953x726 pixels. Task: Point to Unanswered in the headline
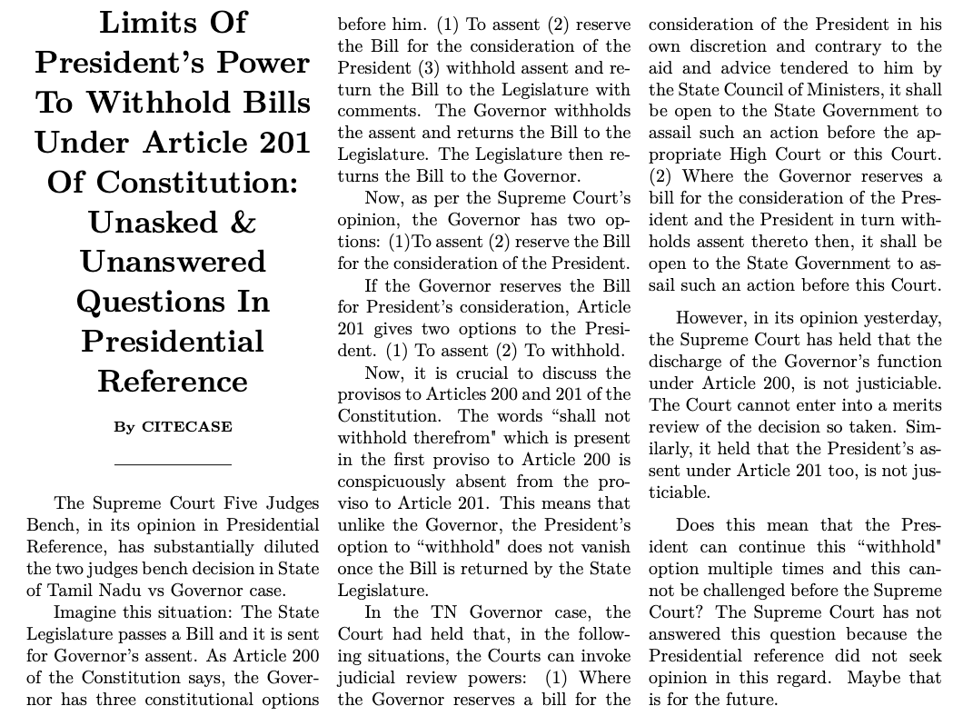[x=173, y=262]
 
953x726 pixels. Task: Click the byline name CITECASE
[x=186, y=427]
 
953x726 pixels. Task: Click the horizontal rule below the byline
[x=173, y=465]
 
